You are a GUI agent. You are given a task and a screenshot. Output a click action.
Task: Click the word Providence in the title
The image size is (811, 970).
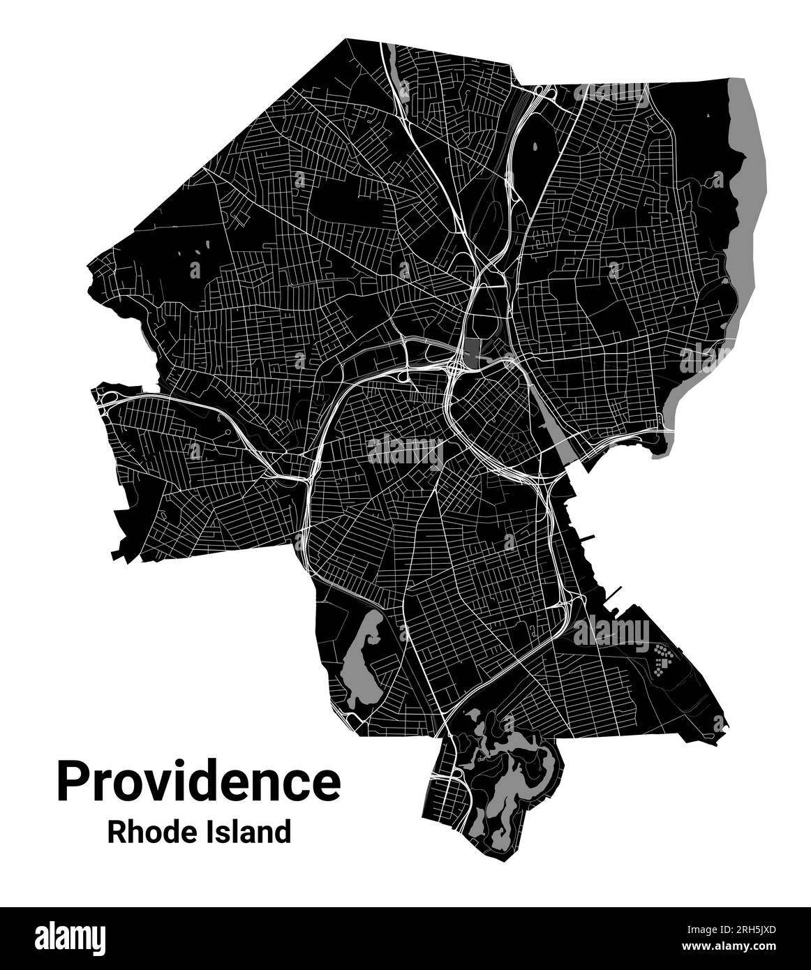[x=199, y=782]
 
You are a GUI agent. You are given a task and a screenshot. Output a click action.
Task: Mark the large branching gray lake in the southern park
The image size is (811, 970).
[x=513, y=775]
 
